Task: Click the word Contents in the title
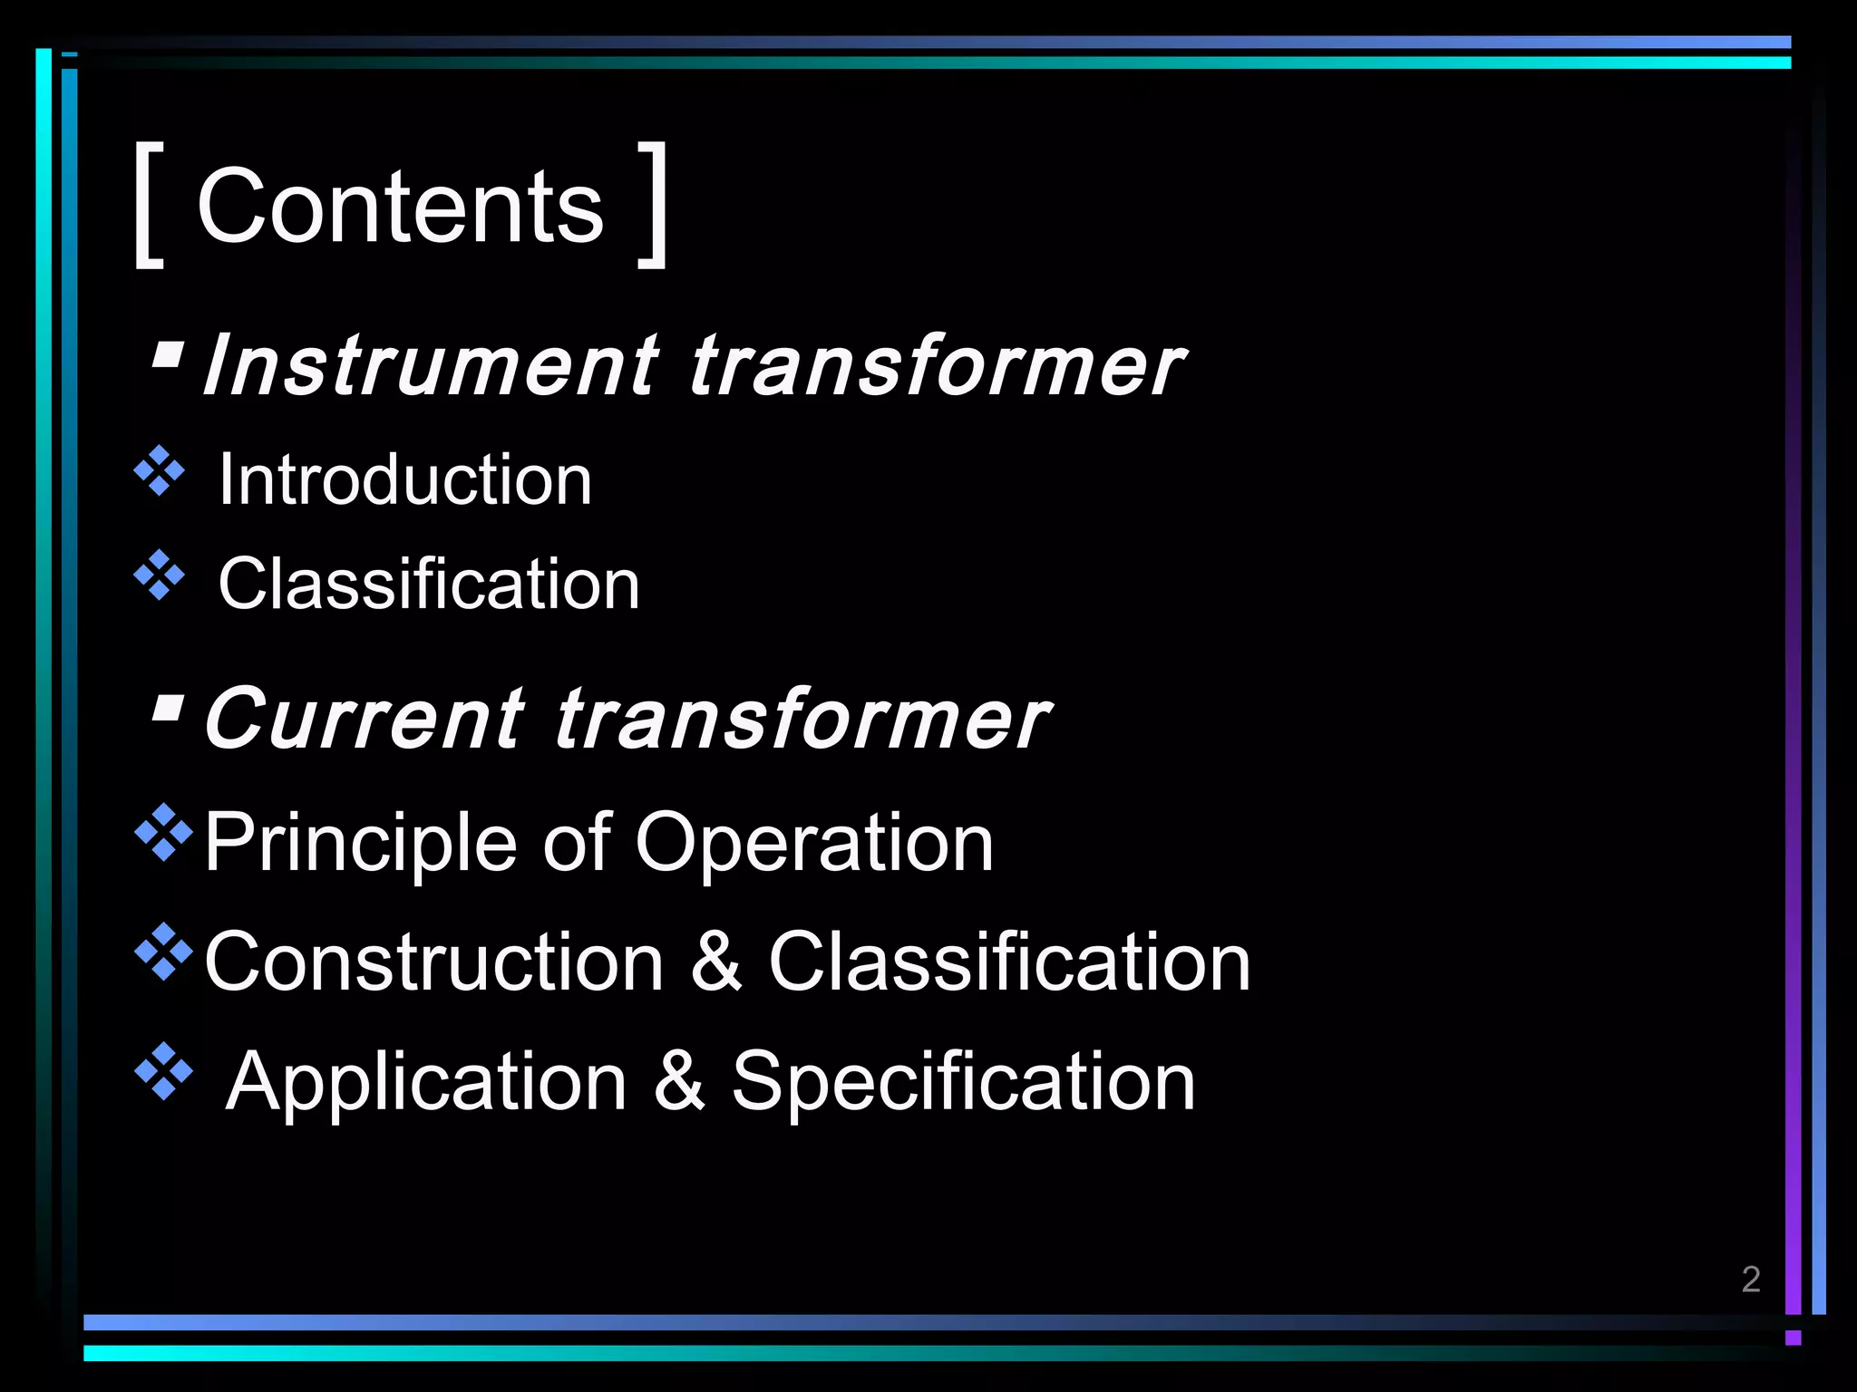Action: pos(400,208)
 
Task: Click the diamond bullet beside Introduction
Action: pos(160,471)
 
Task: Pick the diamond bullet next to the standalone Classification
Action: pos(160,575)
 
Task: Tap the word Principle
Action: pos(360,843)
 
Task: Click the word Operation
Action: pos(814,843)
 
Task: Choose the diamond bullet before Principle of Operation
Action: pos(163,831)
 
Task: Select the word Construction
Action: pos(434,962)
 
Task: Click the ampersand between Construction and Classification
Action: pos(716,962)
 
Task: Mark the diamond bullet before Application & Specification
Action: pos(163,1071)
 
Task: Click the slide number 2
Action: pos(1751,1279)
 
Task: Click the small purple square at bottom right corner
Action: pos(1793,1338)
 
